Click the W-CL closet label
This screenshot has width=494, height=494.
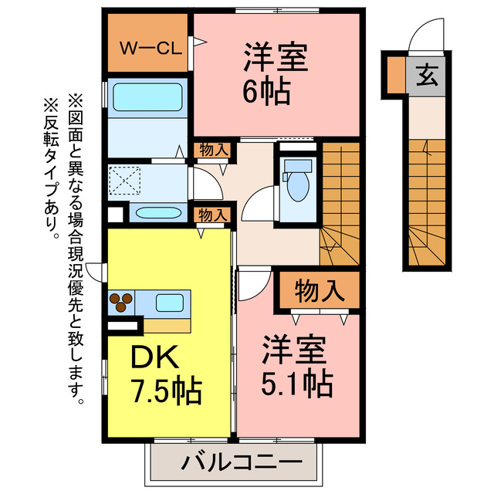tap(150, 47)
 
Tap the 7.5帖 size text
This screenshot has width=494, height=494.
tap(165, 391)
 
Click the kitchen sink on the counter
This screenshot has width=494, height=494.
tap(170, 301)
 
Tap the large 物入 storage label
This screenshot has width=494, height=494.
tap(319, 291)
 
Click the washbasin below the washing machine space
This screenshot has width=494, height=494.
tap(158, 213)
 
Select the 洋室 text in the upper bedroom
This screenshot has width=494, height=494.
tap(276, 58)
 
